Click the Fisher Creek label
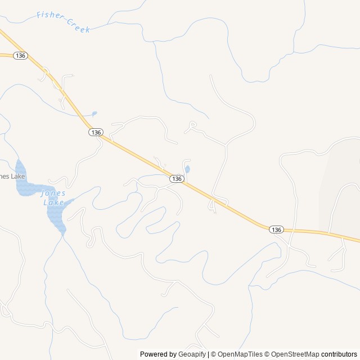[63, 21]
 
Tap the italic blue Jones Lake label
[53, 197]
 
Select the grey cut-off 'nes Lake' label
[12, 176]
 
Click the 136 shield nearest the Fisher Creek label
[20, 55]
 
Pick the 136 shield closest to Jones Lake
[96, 132]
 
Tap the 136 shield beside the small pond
[177, 178]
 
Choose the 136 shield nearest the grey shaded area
[276, 229]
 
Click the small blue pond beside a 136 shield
[187, 169]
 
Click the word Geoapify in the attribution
[192, 354]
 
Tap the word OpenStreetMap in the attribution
[295, 354]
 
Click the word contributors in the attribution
[340, 354]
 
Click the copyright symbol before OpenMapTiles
[214, 354]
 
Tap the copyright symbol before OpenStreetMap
[268, 354]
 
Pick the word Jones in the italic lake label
[53, 193]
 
